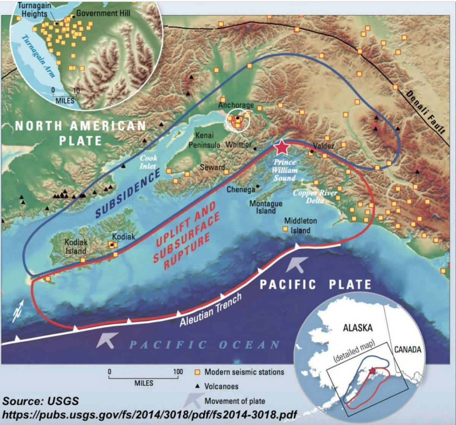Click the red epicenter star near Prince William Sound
pyautogui.click(x=282, y=147)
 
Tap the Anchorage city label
pyautogui.click(x=236, y=105)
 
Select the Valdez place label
pyautogui.click(x=324, y=146)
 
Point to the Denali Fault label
pyautogui.click(x=425, y=112)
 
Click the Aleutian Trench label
pyautogui.click(x=211, y=311)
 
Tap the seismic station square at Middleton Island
pyautogui.click(x=285, y=229)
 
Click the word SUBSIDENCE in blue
pyautogui.click(x=128, y=194)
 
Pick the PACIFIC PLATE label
pyautogui.click(x=315, y=284)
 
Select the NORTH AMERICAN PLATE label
pyautogui.click(x=81, y=133)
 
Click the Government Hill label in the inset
pyautogui.click(x=103, y=13)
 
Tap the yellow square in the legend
pyautogui.click(x=197, y=372)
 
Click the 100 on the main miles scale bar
pyautogui.click(x=178, y=372)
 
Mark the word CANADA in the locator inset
pyautogui.click(x=407, y=349)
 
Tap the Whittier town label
pyautogui.click(x=238, y=145)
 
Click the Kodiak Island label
pyautogui.click(x=76, y=246)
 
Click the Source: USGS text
pyautogui.click(x=41, y=401)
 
